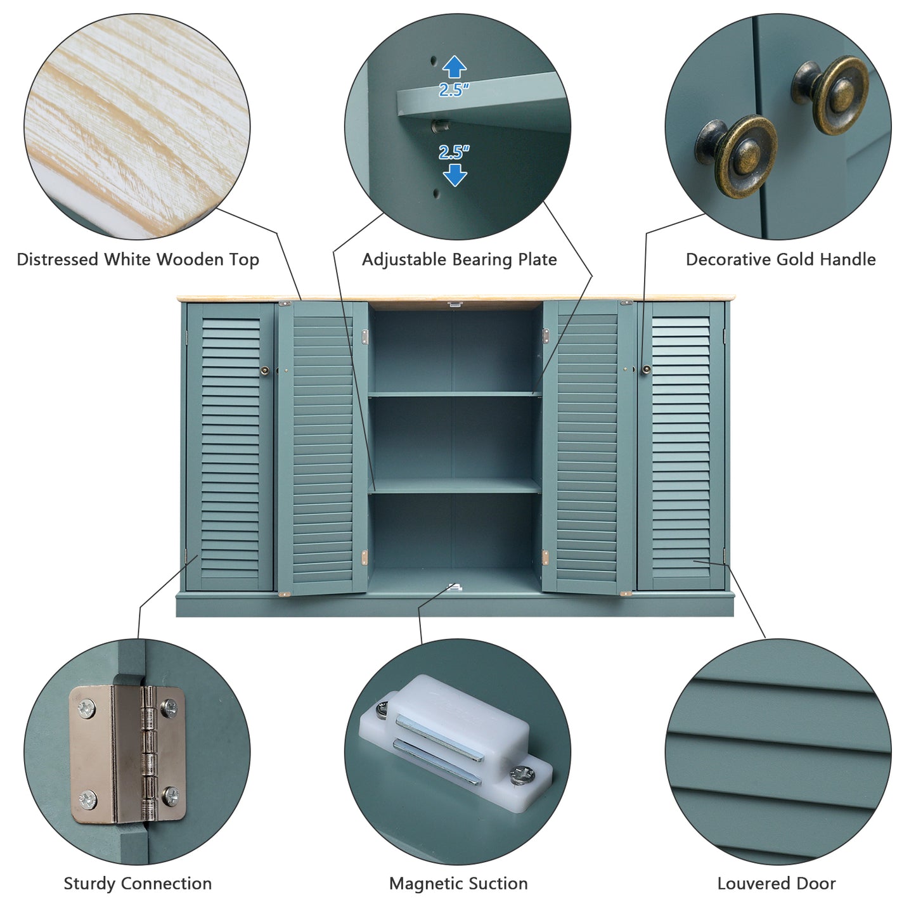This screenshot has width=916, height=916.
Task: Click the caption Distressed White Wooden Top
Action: [x=138, y=259]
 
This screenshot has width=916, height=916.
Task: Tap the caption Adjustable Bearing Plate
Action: [x=459, y=259]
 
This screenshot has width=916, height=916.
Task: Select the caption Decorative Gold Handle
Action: [x=780, y=259]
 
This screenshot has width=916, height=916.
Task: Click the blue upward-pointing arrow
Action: [x=454, y=67]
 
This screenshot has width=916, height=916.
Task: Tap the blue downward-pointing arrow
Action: [x=455, y=175]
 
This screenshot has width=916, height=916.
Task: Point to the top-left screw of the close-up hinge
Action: [x=86, y=710]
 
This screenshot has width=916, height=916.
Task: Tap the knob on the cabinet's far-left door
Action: [x=264, y=370]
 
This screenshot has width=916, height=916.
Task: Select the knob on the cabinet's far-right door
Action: [x=646, y=369]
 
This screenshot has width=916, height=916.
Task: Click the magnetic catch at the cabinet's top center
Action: [x=455, y=303]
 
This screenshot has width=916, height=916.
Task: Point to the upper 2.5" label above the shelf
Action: [x=454, y=89]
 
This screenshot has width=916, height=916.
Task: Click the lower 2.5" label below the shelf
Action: [x=454, y=152]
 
